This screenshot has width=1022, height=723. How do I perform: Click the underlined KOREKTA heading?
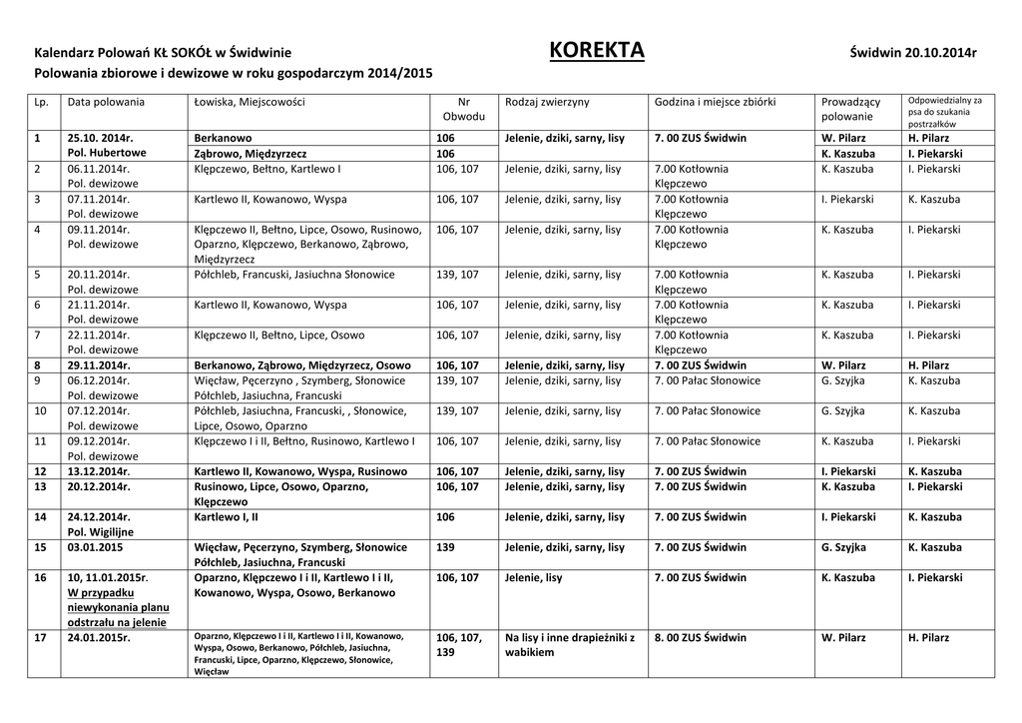click(597, 51)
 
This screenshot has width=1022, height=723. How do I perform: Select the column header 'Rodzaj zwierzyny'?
click(547, 102)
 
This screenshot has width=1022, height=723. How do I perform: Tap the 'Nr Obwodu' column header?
click(463, 110)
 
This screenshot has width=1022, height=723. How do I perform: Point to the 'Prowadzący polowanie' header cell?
click(850, 110)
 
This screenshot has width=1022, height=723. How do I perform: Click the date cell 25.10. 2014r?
click(100, 138)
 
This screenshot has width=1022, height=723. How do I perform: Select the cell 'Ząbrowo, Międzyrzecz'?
click(250, 154)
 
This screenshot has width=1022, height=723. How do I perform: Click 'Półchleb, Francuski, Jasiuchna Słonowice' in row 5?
click(294, 275)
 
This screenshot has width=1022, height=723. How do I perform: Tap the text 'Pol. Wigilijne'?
click(100, 532)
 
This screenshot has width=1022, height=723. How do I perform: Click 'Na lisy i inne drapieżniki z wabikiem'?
click(569, 644)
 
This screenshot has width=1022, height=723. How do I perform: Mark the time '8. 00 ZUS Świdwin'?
click(700, 637)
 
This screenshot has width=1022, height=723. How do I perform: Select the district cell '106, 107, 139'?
click(459, 644)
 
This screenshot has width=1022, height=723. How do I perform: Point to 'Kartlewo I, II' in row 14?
click(226, 517)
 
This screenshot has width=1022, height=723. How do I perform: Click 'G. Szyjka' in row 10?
click(842, 410)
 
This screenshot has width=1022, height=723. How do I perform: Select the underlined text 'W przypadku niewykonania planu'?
click(118, 600)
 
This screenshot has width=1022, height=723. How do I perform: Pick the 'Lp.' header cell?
click(41, 102)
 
